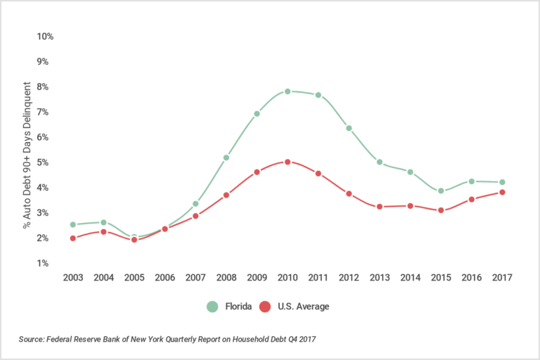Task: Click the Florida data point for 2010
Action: (288, 91)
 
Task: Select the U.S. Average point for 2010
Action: (288, 162)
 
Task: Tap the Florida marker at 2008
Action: (226, 157)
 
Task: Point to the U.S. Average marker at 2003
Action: (72, 238)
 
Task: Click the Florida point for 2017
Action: (502, 182)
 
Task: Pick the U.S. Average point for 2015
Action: (441, 210)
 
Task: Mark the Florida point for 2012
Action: (349, 128)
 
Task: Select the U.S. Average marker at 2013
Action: (380, 207)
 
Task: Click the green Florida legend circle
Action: (212, 307)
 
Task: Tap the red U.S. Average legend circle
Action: (265, 307)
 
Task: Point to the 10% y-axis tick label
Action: (46, 36)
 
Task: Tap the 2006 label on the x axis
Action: (165, 278)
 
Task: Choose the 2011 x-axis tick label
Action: (318, 278)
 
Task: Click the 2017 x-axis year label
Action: (502, 278)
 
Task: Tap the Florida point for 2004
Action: (103, 222)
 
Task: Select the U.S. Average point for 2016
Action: (472, 199)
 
